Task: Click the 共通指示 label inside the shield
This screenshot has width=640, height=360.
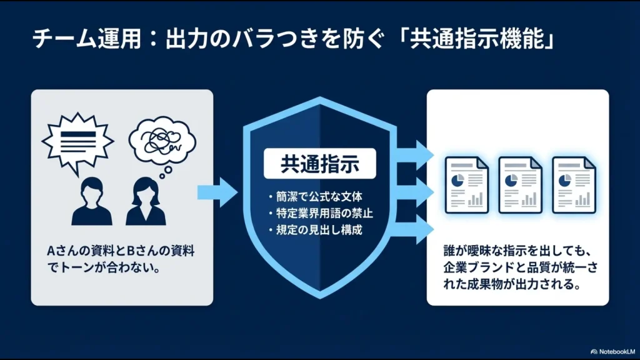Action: tap(319, 164)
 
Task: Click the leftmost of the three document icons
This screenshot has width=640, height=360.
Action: tap(466, 184)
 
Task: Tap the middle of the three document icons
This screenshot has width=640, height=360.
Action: tap(519, 184)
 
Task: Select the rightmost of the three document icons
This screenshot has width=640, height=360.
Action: tap(573, 184)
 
